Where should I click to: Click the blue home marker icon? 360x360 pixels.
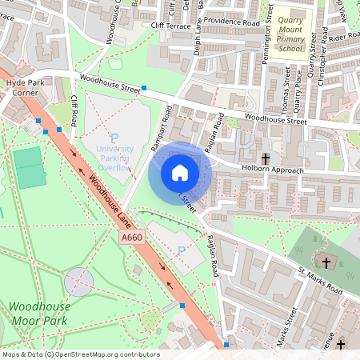point(180,172)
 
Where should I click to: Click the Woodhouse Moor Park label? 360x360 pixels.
point(39,314)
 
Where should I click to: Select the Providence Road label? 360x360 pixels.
point(232,22)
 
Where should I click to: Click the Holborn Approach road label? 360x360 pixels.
point(273,170)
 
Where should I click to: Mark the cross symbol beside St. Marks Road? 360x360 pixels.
point(326,262)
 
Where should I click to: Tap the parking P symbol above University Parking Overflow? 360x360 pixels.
point(114,138)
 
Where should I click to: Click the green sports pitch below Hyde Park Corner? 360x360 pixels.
point(32,167)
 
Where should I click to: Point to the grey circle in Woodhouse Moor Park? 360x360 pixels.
point(78,282)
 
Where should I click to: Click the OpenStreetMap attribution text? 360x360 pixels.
point(81,354)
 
